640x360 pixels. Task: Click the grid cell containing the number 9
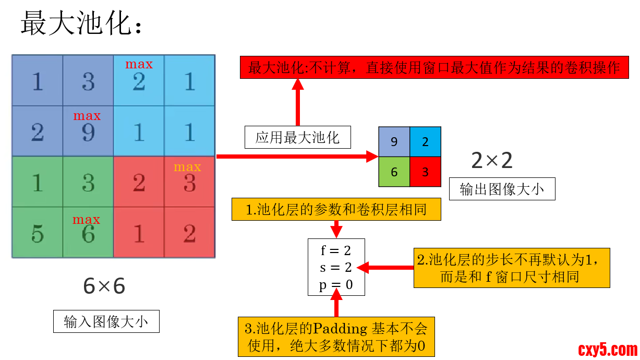pyautogui.click(x=88, y=131)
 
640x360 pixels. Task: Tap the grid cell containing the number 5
pyautogui.click(x=38, y=233)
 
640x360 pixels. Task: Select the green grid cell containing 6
pyautogui.click(x=88, y=233)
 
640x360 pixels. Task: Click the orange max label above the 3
pyautogui.click(x=187, y=167)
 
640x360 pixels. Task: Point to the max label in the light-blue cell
pyautogui.click(x=139, y=64)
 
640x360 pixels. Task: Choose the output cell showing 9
pyautogui.click(x=394, y=141)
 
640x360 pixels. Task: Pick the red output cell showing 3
pyautogui.click(x=425, y=172)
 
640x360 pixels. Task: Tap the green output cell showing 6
pyautogui.click(x=394, y=172)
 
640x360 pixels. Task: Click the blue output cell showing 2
pyautogui.click(x=425, y=141)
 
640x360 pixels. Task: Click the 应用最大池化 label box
pyautogui.click(x=297, y=137)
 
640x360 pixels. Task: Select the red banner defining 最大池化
pyautogui.click(x=434, y=68)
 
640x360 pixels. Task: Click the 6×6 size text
pyautogui.click(x=104, y=286)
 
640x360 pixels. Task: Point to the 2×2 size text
pyautogui.click(x=492, y=161)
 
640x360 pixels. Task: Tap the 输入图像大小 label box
pyautogui.click(x=106, y=321)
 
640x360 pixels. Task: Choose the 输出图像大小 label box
pyautogui.click(x=502, y=189)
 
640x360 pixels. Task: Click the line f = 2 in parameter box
pyautogui.click(x=336, y=250)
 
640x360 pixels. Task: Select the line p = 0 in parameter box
pyautogui.click(x=336, y=285)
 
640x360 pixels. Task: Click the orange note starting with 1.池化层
pyautogui.click(x=336, y=210)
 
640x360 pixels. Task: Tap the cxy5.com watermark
pyautogui.click(x=608, y=349)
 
